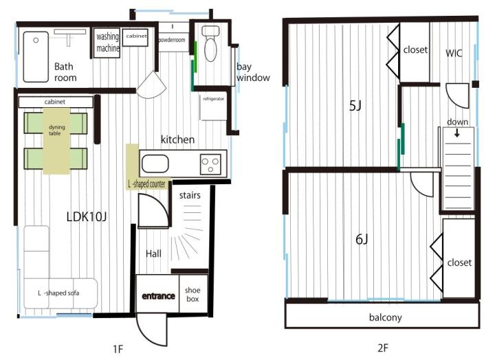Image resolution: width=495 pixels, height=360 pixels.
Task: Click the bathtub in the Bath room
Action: click(x=36, y=56)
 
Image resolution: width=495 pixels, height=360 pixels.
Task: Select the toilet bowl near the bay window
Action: click(x=210, y=44)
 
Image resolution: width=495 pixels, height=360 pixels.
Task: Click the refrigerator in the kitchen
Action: click(x=214, y=107)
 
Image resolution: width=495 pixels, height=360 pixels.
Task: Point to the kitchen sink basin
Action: click(x=155, y=164)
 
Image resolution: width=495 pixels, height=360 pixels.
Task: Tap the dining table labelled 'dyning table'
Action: click(x=56, y=141)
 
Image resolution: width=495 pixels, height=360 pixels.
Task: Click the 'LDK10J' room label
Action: click(x=87, y=217)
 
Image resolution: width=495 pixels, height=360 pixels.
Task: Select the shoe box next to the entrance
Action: click(x=193, y=294)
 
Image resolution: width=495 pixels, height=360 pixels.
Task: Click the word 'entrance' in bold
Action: click(x=158, y=296)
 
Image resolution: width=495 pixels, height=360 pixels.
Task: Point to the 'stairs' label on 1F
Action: click(x=190, y=195)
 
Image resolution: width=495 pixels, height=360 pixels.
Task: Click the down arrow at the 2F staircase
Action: click(x=456, y=133)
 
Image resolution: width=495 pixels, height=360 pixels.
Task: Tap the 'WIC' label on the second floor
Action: click(x=454, y=53)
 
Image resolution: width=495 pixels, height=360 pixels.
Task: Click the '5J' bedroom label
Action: click(x=355, y=106)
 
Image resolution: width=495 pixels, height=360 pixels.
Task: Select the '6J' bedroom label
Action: click(x=362, y=240)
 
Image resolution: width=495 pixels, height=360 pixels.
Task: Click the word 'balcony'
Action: click(x=386, y=317)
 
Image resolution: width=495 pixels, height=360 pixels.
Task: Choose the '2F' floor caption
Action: click(x=383, y=348)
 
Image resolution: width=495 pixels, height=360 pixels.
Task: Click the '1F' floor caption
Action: click(x=118, y=349)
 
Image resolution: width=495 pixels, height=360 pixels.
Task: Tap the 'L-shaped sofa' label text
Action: click(x=58, y=293)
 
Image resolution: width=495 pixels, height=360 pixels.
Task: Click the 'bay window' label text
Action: click(x=253, y=72)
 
